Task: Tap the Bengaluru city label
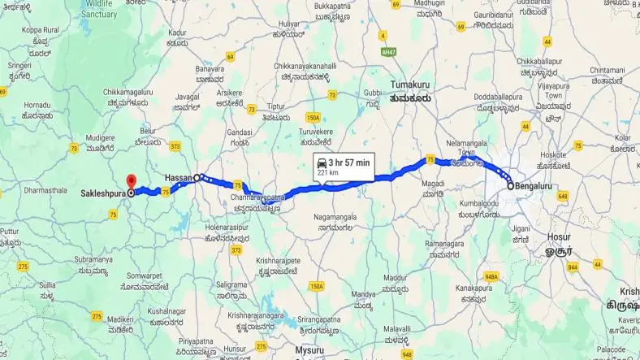(x=533, y=186)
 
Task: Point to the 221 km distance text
(x=328, y=173)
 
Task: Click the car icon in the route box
(x=321, y=163)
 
